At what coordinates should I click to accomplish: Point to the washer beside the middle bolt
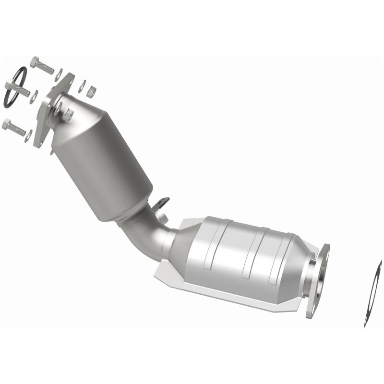coord(34,96)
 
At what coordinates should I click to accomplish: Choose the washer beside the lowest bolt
coord(29,135)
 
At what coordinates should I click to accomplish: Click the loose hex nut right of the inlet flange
coord(91,91)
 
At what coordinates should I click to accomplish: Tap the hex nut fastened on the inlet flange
coord(69,114)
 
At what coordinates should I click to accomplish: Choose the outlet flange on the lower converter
coord(317,281)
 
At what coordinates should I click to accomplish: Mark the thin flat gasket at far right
coord(373,293)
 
